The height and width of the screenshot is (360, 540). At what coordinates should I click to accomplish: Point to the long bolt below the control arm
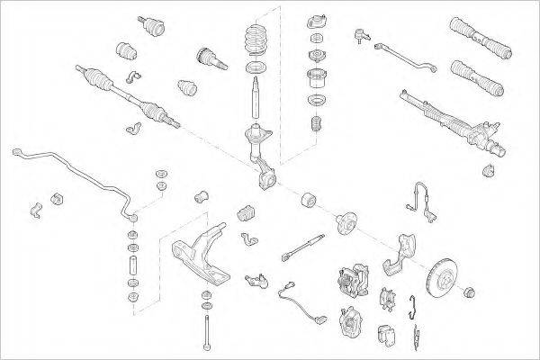206,328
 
